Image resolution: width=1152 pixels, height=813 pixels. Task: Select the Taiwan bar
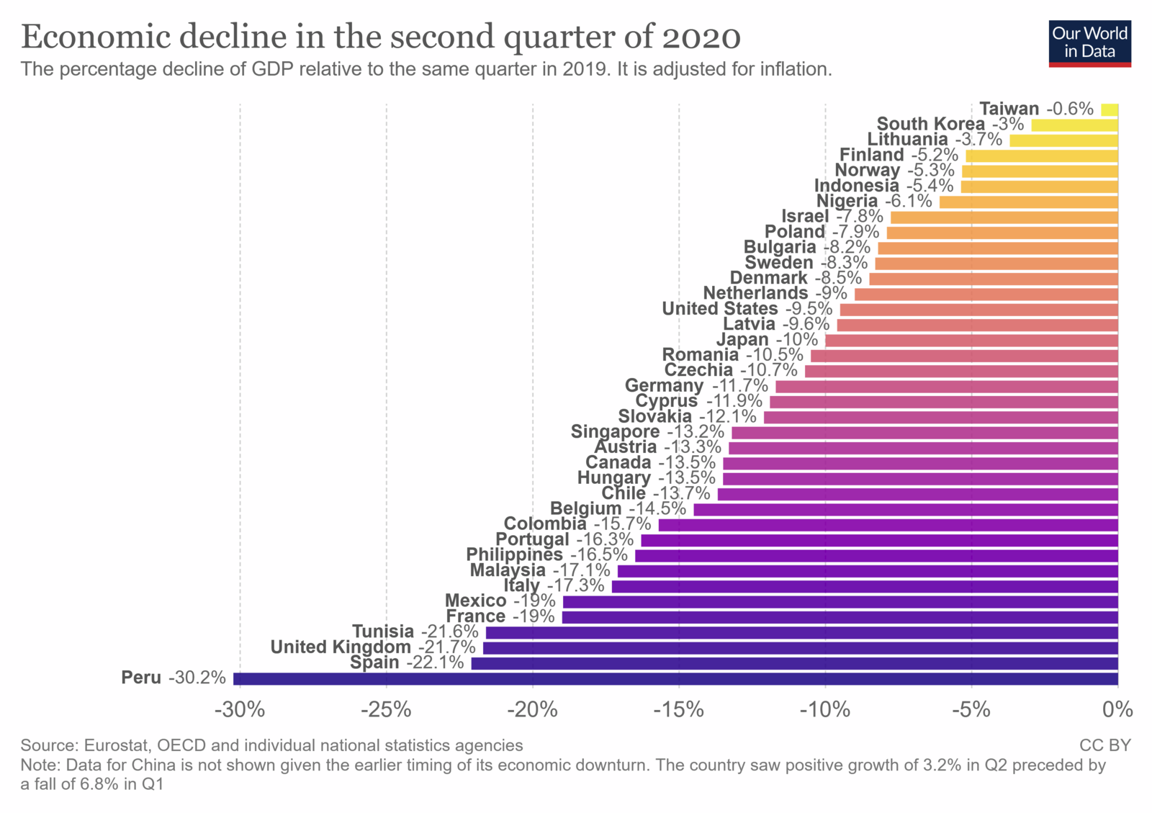click(x=1110, y=109)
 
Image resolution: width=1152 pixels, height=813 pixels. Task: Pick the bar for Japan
click(x=971, y=341)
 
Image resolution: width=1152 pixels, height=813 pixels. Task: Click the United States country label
click(x=719, y=309)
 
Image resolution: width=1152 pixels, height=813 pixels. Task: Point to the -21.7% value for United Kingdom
click(x=447, y=647)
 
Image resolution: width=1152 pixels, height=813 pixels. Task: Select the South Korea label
click(x=930, y=125)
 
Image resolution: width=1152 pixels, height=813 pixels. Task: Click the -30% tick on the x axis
click(x=240, y=710)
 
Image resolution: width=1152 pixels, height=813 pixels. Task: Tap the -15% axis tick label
click(x=679, y=710)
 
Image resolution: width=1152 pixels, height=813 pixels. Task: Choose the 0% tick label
click(x=1117, y=710)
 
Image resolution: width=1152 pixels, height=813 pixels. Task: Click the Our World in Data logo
click(x=1089, y=43)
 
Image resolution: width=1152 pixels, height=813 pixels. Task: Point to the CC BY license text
click(x=1104, y=745)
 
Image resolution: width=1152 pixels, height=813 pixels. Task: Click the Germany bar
click(x=946, y=387)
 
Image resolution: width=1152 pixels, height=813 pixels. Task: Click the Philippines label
click(x=514, y=555)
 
